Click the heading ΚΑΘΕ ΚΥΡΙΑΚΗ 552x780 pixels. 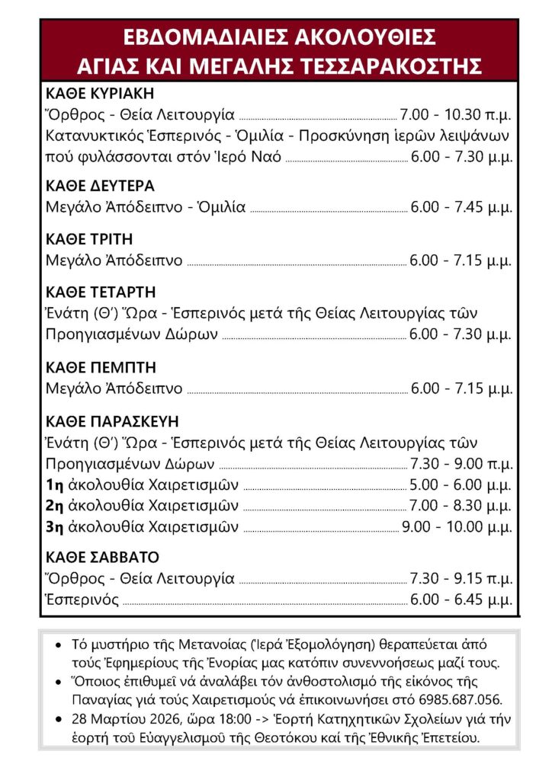click(x=100, y=94)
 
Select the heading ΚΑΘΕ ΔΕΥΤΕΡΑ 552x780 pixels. click(x=100, y=186)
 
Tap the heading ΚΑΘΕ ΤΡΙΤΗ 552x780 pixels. click(x=90, y=239)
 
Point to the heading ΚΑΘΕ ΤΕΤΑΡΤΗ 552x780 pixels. click(x=101, y=292)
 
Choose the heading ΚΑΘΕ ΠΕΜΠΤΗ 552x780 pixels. click(x=95, y=367)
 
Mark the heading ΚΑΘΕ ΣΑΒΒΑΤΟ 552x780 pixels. click(x=102, y=557)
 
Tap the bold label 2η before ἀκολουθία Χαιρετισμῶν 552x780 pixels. click(x=55, y=505)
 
